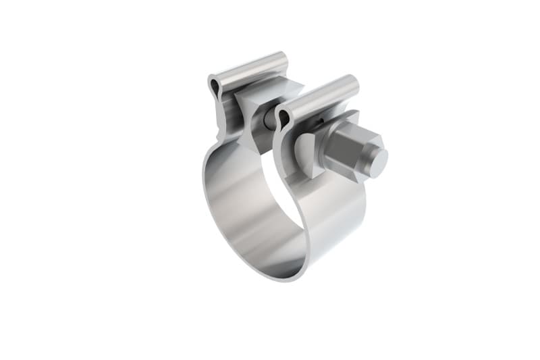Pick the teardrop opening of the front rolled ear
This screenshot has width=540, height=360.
[283, 119]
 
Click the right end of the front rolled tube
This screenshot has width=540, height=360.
[354, 84]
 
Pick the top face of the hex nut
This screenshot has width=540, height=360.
[351, 131]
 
